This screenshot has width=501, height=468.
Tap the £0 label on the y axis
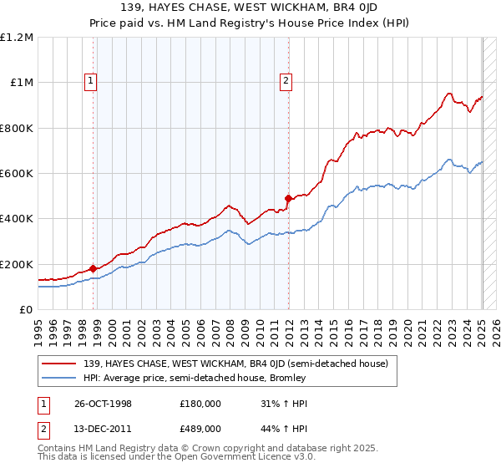(x=26, y=310)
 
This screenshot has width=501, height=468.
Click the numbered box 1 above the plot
(x=90, y=81)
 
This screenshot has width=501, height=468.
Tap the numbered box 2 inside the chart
(x=286, y=81)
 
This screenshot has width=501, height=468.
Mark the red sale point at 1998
(x=93, y=268)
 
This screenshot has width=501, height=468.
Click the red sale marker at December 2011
(x=288, y=199)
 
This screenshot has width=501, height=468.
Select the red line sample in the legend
(x=60, y=364)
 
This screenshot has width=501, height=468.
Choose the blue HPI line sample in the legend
(x=60, y=378)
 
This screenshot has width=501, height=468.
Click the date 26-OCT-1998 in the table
(x=104, y=403)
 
